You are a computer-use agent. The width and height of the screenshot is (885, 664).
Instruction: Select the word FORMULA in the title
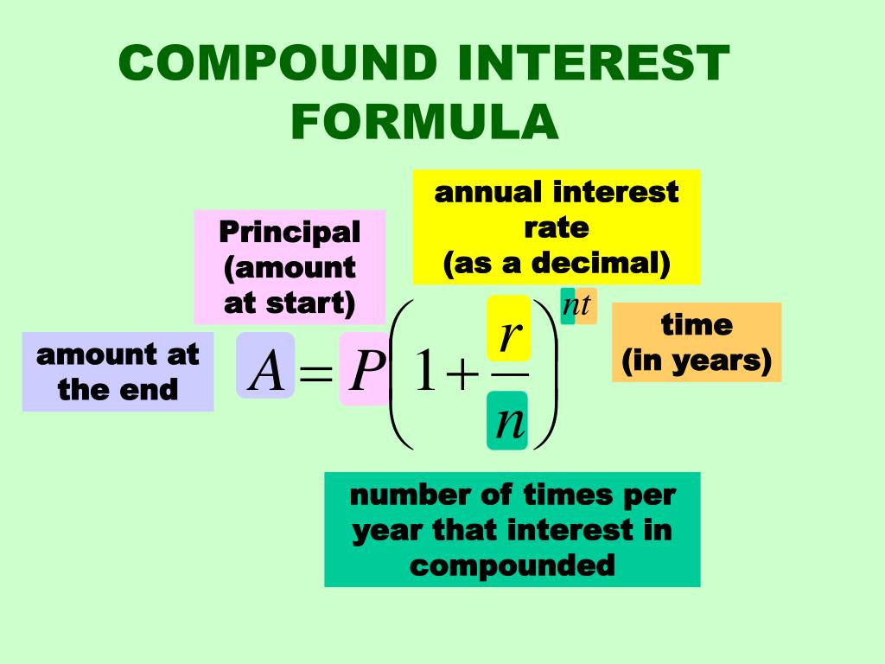tap(424, 123)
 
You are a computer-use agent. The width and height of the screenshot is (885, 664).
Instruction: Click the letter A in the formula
tap(265, 373)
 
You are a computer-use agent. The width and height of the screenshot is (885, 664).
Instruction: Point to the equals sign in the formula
tap(316, 376)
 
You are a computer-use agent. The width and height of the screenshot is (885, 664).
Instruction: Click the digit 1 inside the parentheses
tap(423, 376)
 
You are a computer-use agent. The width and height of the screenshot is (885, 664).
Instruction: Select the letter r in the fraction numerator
tap(508, 337)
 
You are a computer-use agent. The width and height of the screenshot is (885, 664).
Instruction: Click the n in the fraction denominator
tap(508, 423)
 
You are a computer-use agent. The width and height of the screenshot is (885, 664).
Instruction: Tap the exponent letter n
tap(570, 305)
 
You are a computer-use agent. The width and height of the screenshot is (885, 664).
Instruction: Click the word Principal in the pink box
tap(290, 232)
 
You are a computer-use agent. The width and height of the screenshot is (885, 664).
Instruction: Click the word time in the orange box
tap(697, 325)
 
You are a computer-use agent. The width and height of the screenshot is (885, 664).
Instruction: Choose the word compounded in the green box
tap(513, 565)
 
